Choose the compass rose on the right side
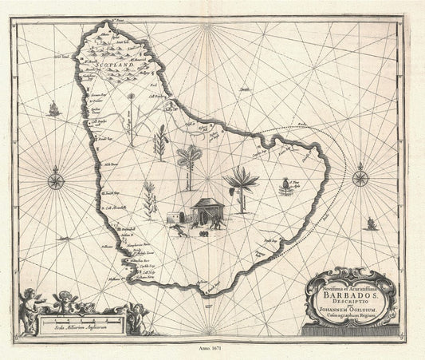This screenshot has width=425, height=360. click(x=360, y=176)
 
